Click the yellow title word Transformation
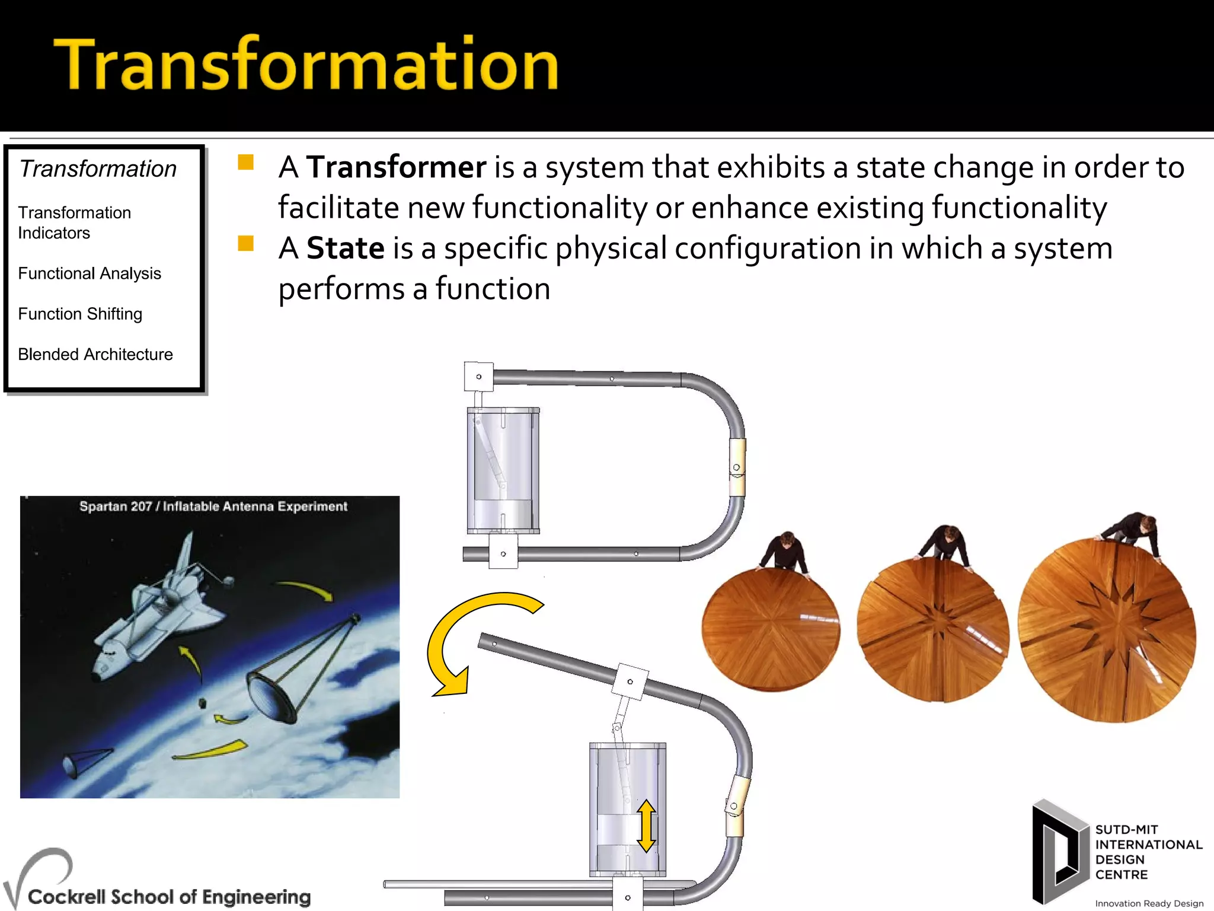tap(306, 64)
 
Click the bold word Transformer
tap(396, 167)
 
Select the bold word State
tap(345, 248)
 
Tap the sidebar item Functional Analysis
tap(90, 273)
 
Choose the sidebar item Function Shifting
tap(80, 314)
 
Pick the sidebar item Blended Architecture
tap(95, 354)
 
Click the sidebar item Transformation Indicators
tap(74, 222)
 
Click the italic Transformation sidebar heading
tap(98, 169)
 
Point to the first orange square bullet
tap(245, 163)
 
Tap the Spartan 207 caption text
tap(213, 506)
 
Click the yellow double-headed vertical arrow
tap(646, 826)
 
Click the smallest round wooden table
tap(771, 629)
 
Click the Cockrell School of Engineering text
tap(169, 896)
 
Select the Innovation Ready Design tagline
tap(1149, 903)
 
